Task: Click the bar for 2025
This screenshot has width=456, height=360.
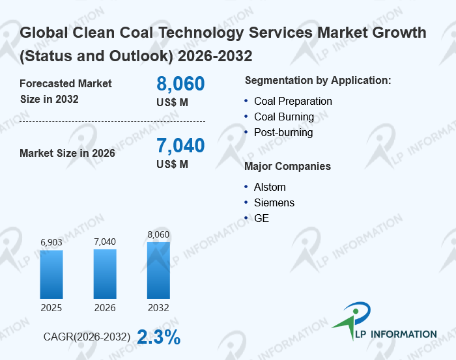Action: (51, 274)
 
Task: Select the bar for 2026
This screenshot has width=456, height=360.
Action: (105, 273)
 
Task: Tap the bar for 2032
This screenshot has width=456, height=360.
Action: (158, 270)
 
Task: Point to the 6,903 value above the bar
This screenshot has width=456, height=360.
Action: (51, 242)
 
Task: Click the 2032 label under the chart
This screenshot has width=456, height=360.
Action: (158, 307)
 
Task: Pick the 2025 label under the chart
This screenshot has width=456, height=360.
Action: (51, 307)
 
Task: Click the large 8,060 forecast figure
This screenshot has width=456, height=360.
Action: (180, 84)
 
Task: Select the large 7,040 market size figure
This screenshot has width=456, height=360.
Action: (180, 146)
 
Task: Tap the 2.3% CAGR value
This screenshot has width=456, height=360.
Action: (159, 337)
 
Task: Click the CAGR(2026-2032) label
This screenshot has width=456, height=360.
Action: (87, 337)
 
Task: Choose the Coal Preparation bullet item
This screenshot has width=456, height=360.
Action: (292, 101)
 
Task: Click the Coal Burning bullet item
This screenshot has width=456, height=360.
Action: (283, 117)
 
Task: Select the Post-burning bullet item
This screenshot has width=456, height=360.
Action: (283, 132)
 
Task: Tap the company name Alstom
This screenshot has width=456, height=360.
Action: (270, 187)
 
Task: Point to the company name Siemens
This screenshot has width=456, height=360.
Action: (274, 202)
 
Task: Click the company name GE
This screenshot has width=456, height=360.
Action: (261, 218)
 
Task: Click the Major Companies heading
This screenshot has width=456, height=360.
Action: (287, 167)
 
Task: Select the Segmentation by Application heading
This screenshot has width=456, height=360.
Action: (317, 81)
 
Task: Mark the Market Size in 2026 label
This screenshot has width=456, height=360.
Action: (67, 153)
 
